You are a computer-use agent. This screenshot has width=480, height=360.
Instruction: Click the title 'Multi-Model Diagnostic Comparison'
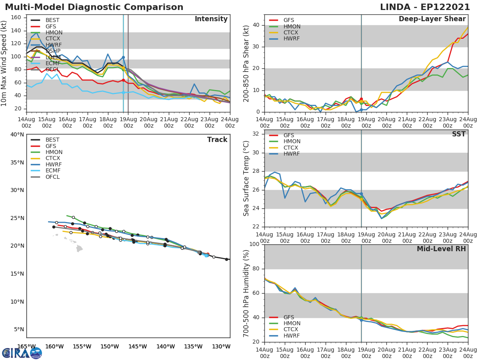[x=94, y=7]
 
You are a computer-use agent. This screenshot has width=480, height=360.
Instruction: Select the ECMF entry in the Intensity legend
[x=54, y=64]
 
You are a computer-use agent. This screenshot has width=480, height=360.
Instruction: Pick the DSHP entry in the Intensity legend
[x=54, y=51]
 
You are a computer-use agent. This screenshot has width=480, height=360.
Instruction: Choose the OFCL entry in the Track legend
[x=52, y=177]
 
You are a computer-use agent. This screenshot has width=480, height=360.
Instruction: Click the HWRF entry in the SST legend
[x=292, y=154]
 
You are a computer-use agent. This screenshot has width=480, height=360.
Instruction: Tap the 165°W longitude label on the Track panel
[x=26, y=346]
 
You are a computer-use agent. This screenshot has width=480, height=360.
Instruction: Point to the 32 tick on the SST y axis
[x=255, y=134]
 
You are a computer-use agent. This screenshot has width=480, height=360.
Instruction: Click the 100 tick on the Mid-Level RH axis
[x=253, y=244]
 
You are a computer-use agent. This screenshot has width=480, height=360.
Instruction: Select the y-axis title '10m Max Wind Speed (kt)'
[x=4, y=63]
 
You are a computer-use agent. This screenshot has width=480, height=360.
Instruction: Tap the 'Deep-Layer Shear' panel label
[x=432, y=19]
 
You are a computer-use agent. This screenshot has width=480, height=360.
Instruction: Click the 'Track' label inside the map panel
[x=217, y=140]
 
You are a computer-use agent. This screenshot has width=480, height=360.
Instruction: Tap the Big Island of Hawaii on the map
[x=79, y=248]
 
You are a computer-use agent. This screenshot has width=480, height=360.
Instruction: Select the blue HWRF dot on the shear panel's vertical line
[x=361, y=110]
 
